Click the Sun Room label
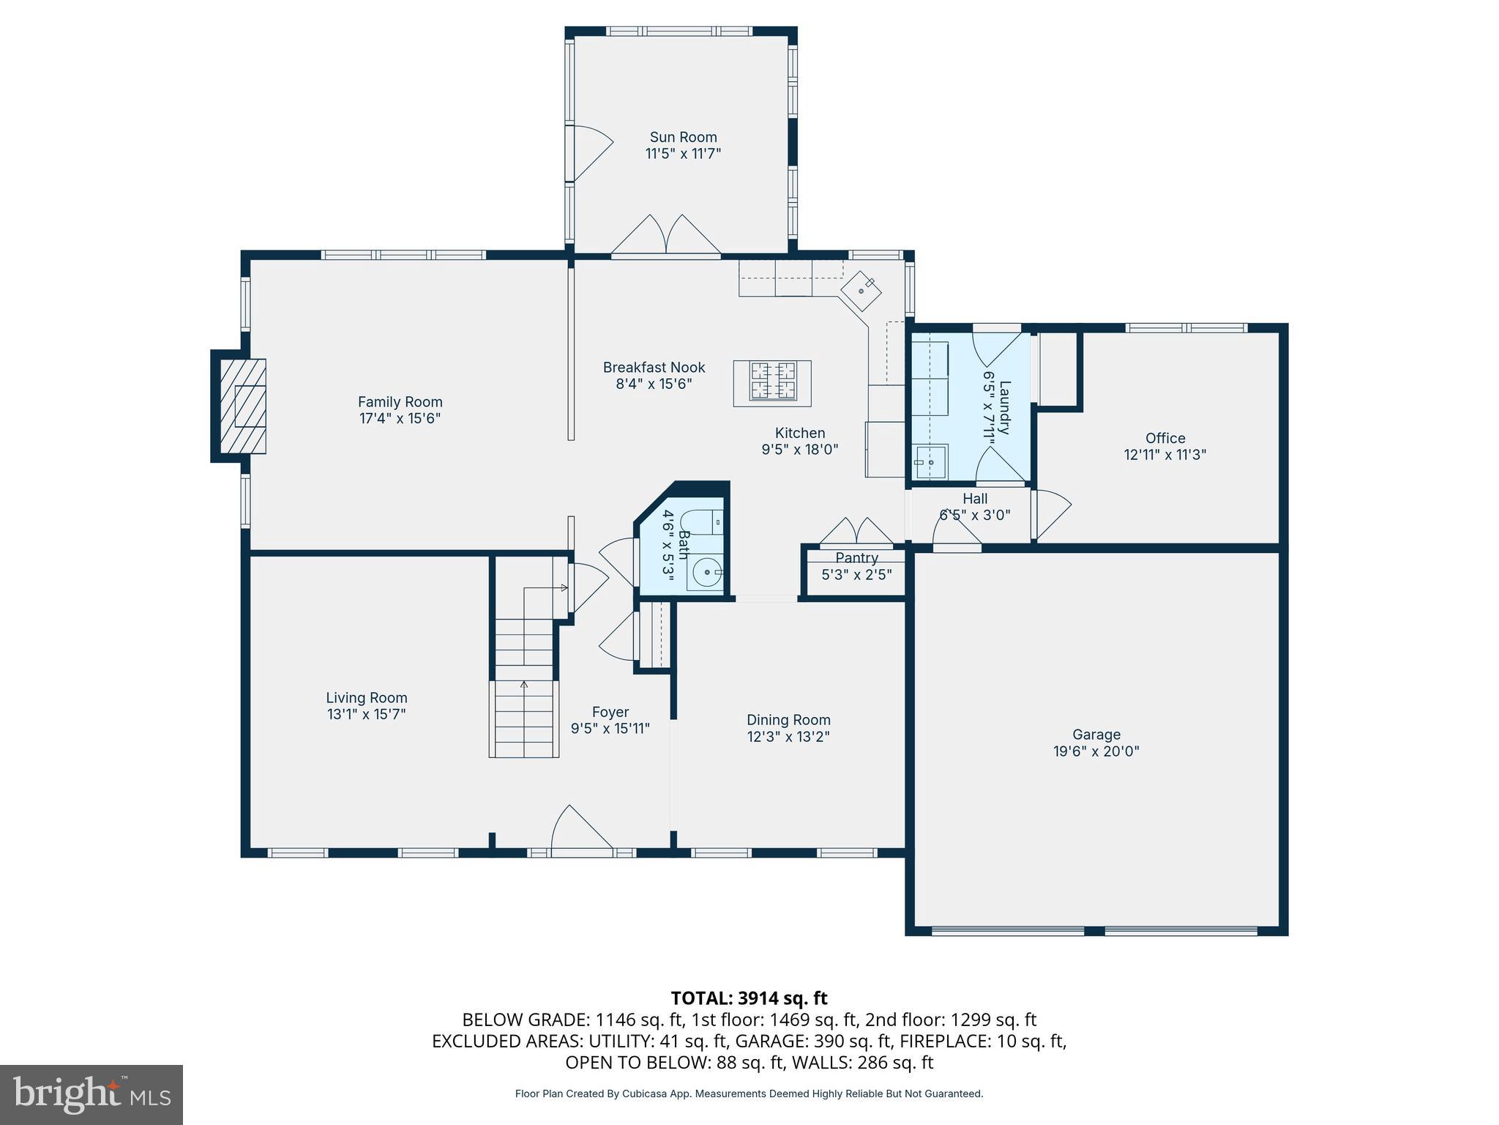click(x=683, y=137)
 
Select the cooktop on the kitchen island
click(x=772, y=382)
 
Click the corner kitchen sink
click(x=861, y=290)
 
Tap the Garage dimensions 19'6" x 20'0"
click(x=1096, y=751)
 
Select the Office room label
click(x=1165, y=438)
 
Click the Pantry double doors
click(x=856, y=532)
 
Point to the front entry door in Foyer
click(x=581, y=831)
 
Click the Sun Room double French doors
click(x=666, y=236)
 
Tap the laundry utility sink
click(x=930, y=462)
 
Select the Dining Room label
click(x=788, y=720)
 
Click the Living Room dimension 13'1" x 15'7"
click(x=366, y=714)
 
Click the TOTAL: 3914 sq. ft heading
click(x=749, y=998)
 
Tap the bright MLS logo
click(x=91, y=1095)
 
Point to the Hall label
click(x=975, y=499)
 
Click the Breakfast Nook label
click(x=654, y=368)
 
